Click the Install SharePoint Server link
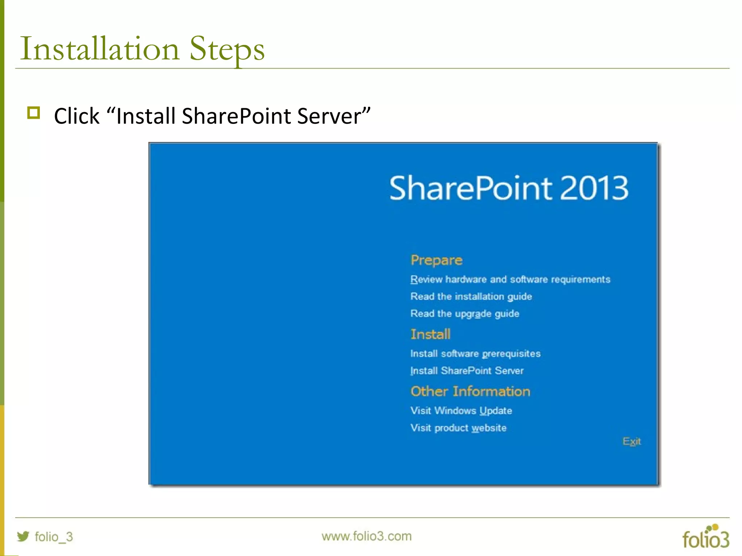pos(467,371)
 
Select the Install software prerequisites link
pos(475,354)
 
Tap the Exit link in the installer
pos(631,441)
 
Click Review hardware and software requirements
pos(510,279)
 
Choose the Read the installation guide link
pos(471,296)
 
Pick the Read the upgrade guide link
pos(464,313)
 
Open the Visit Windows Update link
pos(461,410)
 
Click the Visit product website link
pos(458,428)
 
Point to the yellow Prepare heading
pos(436,260)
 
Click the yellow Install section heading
pos(430,334)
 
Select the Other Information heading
pos(470,391)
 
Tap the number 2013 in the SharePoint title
pos(594,188)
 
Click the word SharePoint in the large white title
pos(471,188)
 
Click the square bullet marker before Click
pos(34,113)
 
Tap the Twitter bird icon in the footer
pos(23,536)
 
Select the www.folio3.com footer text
pos(366,536)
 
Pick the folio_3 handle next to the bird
pos(54,536)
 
